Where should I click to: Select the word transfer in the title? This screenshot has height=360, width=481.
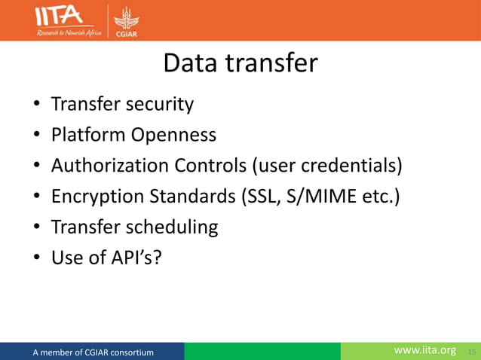274,63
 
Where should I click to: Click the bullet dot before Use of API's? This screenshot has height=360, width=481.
36,259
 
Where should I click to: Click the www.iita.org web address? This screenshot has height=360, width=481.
425,351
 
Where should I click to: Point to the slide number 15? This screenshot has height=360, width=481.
472,352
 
